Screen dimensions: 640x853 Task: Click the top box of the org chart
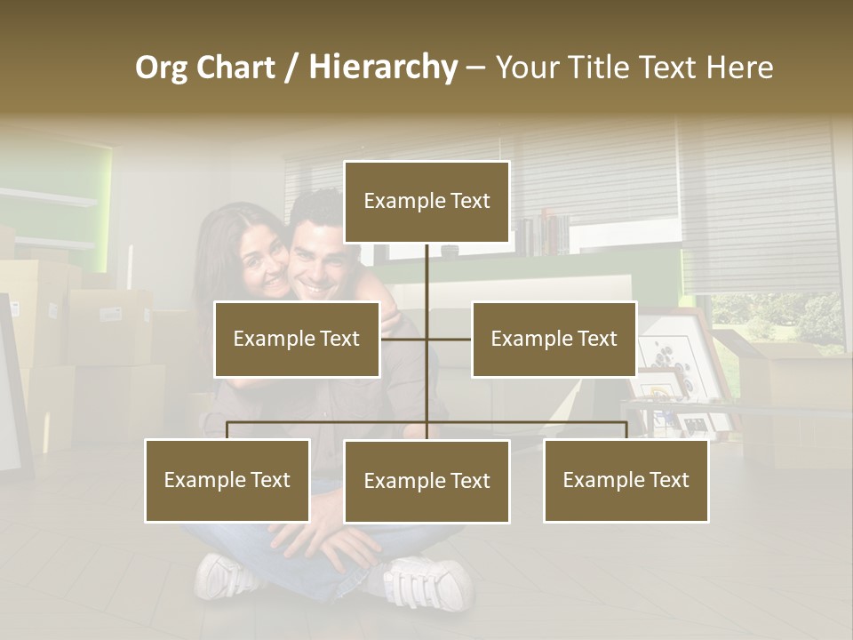pos(426,202)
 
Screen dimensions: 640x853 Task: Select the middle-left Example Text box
pos(297,339)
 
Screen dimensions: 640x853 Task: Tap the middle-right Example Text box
pos(554,339)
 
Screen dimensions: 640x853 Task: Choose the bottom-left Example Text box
pos(227,480)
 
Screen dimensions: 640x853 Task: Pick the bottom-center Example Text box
pos(426,481)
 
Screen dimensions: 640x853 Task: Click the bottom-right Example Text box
pos(626,480)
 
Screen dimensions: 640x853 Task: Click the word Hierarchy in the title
pos(383,68)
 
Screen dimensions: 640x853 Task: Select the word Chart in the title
pos(235,68)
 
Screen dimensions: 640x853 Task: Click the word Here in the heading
pos(739,68)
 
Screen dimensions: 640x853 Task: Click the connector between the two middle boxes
pos(426,339)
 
